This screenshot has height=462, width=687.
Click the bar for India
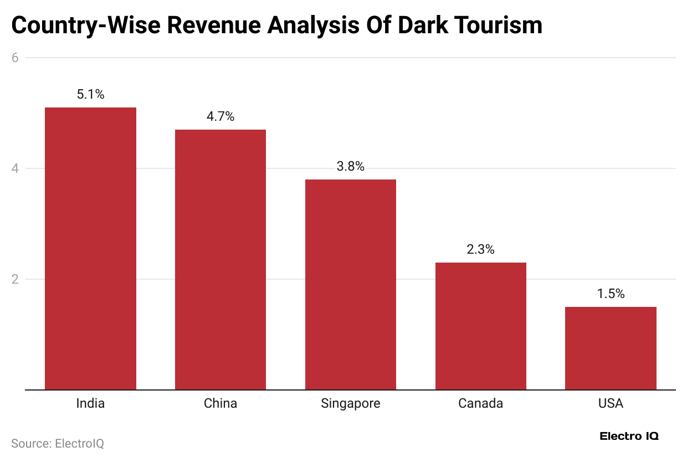click(90, 249)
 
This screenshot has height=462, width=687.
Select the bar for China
click(221, 260)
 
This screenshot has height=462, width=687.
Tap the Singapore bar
click(351, 285)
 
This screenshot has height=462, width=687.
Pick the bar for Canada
click(480, 326)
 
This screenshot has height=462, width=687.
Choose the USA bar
click(611, 348)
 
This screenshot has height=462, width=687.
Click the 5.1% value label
click(90, 94)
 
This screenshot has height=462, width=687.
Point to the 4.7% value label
click(221, 116)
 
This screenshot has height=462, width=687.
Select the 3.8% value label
click(351, 166)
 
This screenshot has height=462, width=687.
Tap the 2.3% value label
click(480, 249)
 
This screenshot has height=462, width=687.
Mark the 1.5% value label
click(611, 294)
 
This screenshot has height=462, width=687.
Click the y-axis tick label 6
click(16, 58)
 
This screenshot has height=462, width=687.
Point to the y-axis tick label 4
click(16, 168)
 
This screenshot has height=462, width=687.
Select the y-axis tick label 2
click(16, 279)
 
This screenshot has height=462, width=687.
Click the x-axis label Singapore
click(351, 403)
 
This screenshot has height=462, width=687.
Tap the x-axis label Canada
click(480, 403)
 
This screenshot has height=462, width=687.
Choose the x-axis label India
click(90, 403)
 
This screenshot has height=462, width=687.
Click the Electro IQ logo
click(629, 436)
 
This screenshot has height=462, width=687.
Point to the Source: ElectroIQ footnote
click(58, 443)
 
